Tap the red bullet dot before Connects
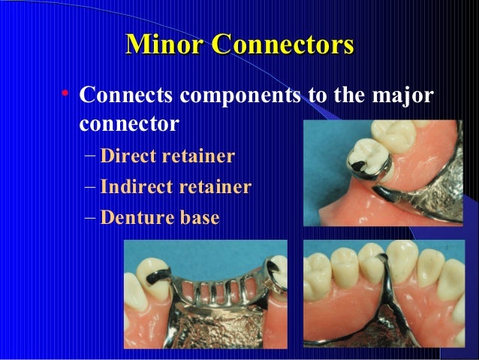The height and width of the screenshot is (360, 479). point(66,95)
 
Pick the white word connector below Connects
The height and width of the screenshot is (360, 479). point(128,123)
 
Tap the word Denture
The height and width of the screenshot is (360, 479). point(140,218)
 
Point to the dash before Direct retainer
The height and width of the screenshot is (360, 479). point(90,156)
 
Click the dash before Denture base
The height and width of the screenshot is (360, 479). point(90,218)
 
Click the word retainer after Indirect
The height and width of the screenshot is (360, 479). point(215,186)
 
